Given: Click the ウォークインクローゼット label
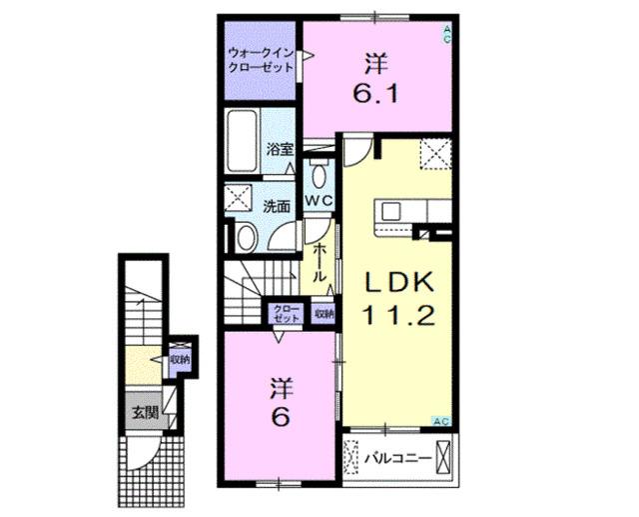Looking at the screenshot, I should coord(261,60).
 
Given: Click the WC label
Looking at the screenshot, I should coord(318,200).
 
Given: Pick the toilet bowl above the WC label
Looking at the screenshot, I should coord(317,176).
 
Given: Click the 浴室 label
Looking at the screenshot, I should coord(279,149).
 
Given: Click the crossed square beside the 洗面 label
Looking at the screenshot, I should coord(240,198).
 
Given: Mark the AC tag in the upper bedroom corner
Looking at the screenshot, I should coord(446,35).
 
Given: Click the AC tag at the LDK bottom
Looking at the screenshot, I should coord(440,420).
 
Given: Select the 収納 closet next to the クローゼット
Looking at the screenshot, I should coord(323,313).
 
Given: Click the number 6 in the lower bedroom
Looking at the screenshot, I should coord(281,418).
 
